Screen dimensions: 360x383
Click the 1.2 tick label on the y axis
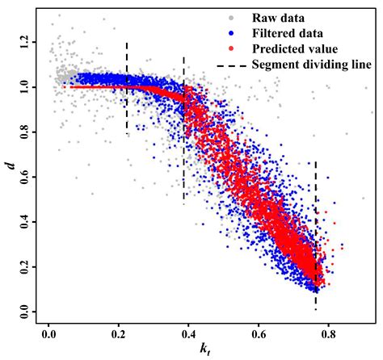(x=28, y=39)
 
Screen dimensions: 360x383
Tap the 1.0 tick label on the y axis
(x=28, y=84)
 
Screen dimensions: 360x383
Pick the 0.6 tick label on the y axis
(x=28, y=174)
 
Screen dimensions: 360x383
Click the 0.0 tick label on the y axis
(x=28, y=310)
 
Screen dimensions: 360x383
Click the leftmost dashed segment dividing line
(x=127, y=89)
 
